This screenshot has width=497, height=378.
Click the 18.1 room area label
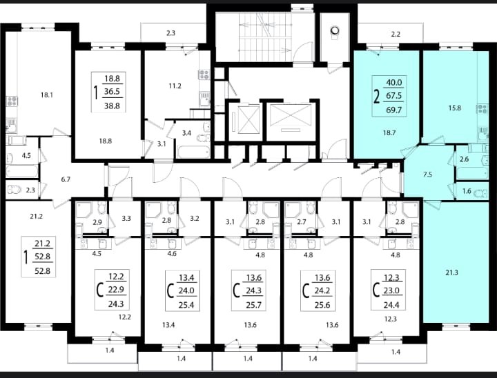47,94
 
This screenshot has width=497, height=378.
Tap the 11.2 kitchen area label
175,86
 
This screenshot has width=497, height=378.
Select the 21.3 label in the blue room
451,272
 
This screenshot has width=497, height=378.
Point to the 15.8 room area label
454,108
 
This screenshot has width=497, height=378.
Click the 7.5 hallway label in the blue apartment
427,175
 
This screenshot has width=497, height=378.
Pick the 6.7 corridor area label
66,179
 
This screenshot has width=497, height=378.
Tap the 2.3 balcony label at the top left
170,33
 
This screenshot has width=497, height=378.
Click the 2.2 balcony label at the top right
396,34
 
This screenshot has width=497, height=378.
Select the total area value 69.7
393,110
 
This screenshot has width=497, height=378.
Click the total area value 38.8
112,106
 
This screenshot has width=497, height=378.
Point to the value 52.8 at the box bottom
43,271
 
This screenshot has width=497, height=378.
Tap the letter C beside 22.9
100,290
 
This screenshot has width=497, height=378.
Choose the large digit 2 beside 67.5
377,97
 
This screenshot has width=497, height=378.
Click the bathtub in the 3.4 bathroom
193,152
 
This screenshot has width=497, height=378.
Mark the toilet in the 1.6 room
481,192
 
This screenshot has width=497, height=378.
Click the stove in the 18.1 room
12,101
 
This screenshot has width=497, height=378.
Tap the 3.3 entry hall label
126,218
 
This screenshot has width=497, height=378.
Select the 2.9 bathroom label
97,222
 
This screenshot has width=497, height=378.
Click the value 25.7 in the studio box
253,305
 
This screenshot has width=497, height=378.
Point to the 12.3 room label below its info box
390,319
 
